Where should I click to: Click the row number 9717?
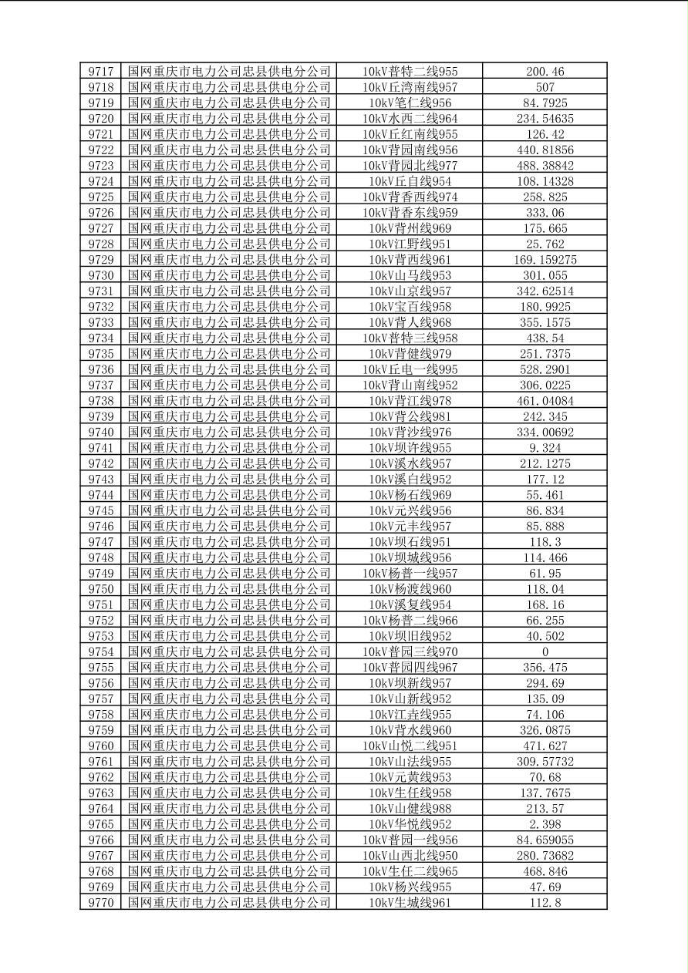tap(101, 72)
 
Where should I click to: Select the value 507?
tap(545, 87)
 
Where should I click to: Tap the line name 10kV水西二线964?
tap(410, 119)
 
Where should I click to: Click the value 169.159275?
tap(545, 260)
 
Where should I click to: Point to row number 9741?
tap(101, 448)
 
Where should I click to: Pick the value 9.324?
tap(545, 448)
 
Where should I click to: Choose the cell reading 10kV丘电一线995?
tap(410, 369)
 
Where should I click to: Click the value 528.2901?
tap(545, 369)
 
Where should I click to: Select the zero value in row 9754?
tap(545, 651)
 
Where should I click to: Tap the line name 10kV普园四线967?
tap(410, 668)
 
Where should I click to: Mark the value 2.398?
tap(545, 824)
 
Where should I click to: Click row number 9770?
tap(101, 903)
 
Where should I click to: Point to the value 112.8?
tap(545, 903)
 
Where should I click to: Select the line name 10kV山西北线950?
tap(410, 856)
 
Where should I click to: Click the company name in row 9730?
tap(229, 275)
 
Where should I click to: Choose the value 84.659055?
tap(545, 840)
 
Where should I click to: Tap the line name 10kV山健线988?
tap(410, 809)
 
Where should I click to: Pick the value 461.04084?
tap(545, 401)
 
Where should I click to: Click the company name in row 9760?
tap(229, 746)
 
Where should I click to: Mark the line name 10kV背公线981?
tap(410, 416)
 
